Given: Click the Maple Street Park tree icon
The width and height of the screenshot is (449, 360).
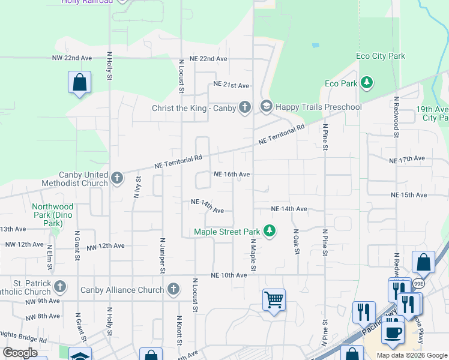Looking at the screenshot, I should coord(270,231).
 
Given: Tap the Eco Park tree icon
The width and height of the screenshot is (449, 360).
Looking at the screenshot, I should coord(366,83).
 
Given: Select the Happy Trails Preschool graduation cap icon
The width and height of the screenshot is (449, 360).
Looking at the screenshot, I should coord(266,107).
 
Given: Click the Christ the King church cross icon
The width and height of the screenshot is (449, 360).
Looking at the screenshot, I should coord(244,107).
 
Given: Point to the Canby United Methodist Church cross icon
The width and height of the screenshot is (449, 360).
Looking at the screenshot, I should coord(117,178).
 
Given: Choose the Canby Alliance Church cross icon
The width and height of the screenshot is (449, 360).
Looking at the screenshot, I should coord(173,290).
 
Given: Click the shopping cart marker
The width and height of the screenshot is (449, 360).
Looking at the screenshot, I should coord(274,299).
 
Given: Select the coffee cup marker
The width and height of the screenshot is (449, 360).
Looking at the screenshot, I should coord(393,332).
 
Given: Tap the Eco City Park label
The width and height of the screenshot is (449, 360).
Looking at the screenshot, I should coord(381,56).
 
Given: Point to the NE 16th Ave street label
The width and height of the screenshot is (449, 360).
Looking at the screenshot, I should coord(232,174).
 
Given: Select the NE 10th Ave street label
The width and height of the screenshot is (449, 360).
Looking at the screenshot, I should coord(229,275).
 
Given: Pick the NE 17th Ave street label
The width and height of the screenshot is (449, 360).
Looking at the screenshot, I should coord(407,160).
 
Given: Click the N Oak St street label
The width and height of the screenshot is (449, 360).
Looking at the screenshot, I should coord(296,241).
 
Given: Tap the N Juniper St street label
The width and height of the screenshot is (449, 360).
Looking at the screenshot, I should coord(161,254).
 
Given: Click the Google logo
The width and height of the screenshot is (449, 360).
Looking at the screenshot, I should coord(20,353).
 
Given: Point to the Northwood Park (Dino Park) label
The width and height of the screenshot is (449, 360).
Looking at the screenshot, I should coord(53,215).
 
